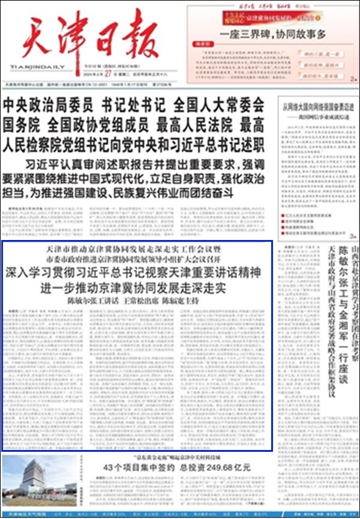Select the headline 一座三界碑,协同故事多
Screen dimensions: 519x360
coord(273,34)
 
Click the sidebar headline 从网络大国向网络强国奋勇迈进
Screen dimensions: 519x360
coord(317,107)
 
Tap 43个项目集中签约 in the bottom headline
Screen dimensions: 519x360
coord(131,467)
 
